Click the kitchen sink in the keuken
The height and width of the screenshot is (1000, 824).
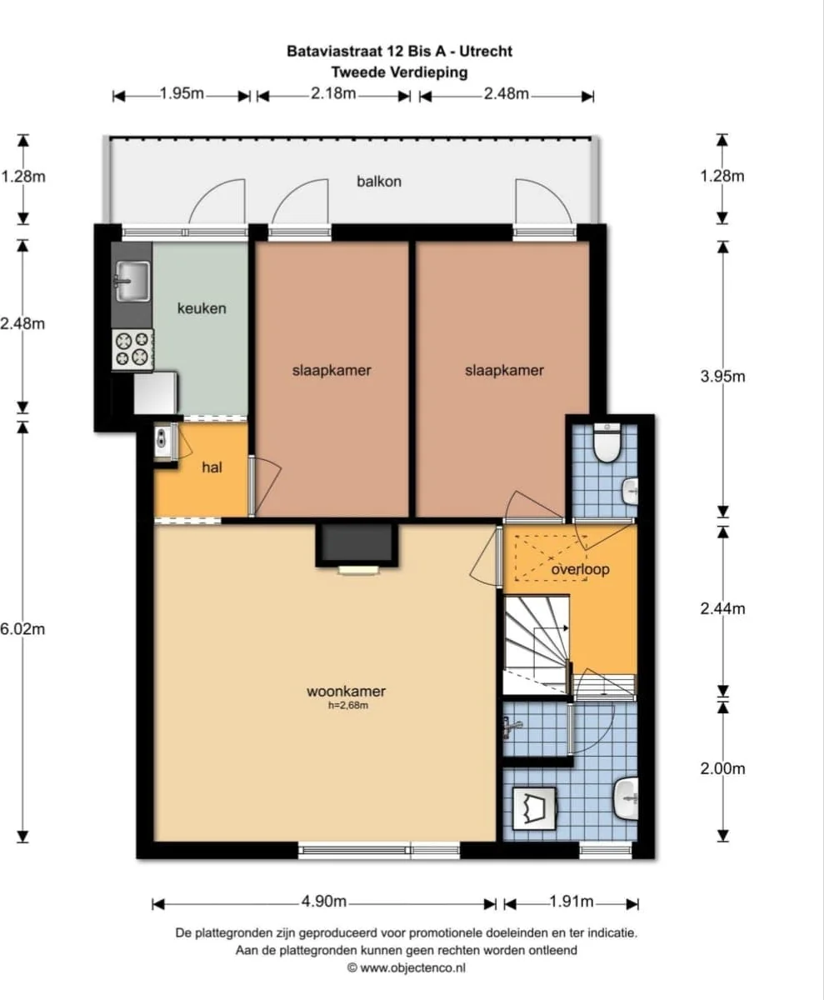132,281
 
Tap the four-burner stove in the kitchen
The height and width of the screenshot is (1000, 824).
132,349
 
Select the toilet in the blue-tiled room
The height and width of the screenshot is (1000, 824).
607,443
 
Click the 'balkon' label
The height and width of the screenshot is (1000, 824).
379,182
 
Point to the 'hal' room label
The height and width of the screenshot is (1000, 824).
212,467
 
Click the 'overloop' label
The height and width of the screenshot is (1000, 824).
580,569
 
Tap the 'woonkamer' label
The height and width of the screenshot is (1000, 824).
346,692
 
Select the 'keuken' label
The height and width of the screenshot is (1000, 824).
202,308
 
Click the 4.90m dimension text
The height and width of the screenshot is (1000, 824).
323,902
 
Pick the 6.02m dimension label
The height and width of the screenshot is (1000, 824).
22,629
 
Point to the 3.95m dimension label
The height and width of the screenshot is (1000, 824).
722,377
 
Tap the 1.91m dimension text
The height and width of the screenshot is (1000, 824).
572,902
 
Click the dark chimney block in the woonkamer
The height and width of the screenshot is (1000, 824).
357,544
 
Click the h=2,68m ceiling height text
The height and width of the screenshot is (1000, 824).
348,706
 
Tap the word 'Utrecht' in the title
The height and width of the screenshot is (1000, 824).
486,51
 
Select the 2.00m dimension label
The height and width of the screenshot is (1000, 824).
722,768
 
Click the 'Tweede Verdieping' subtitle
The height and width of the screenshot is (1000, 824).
399,72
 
